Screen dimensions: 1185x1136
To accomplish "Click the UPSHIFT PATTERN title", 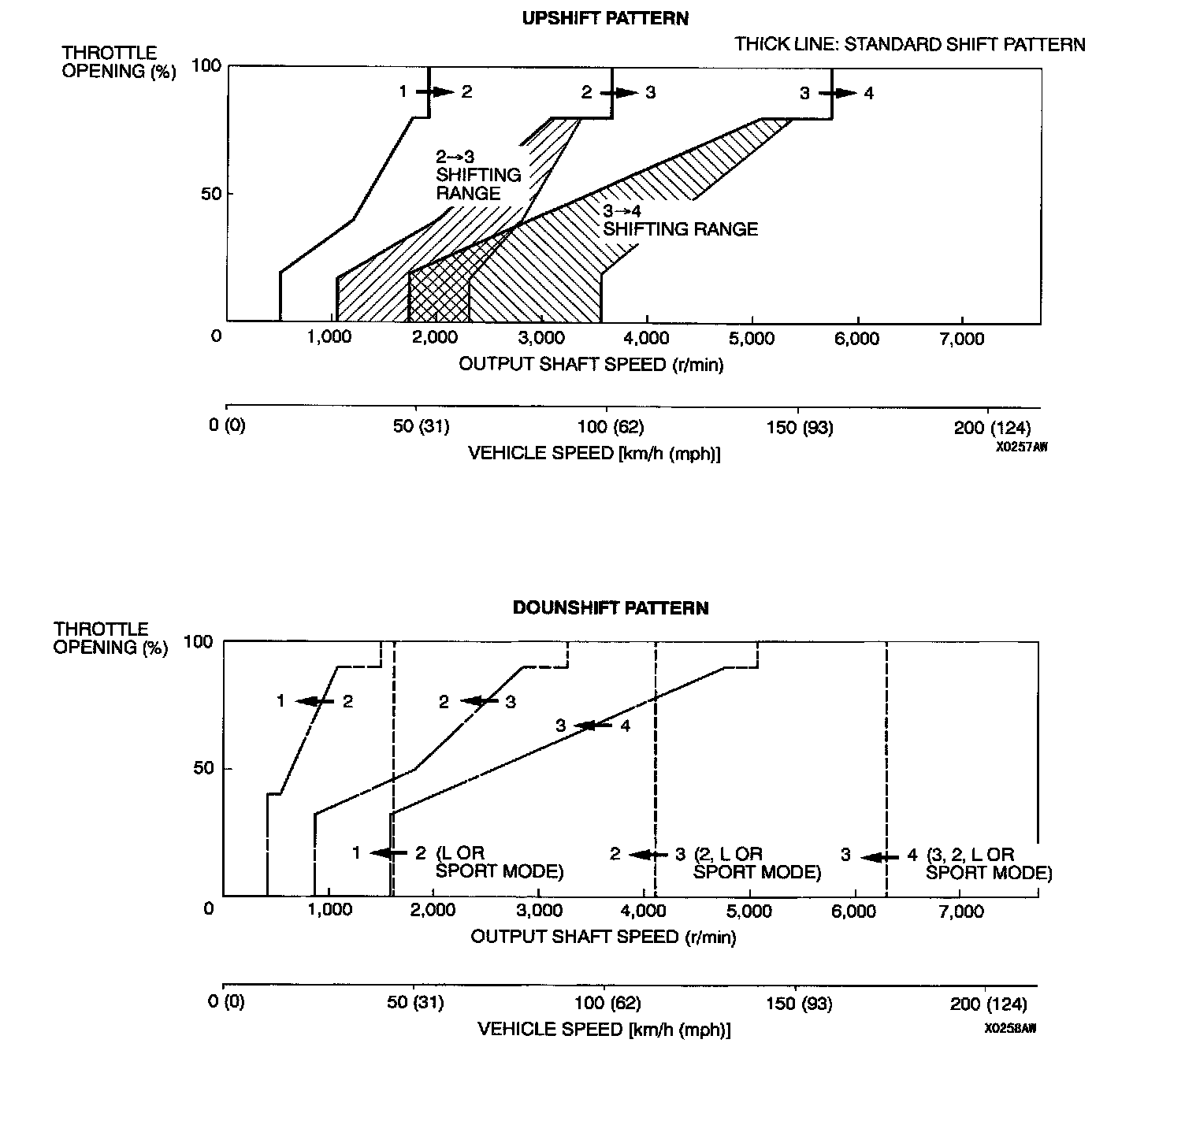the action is coord(605,18).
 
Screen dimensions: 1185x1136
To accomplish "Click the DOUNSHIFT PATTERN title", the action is coord(611,607).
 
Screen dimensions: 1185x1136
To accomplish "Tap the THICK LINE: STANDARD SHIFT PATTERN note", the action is coord(910,44).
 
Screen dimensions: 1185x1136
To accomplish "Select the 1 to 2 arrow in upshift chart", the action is coord(436,92).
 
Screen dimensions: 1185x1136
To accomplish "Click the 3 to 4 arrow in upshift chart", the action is coord(838,93).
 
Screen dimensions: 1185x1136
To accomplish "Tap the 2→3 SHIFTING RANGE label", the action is coord(478,175).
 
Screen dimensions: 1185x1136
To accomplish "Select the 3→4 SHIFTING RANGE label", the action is coord(680,221).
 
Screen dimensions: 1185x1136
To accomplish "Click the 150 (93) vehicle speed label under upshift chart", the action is coord(799,427).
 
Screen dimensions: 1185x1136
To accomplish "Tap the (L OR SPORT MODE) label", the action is coord(500,863).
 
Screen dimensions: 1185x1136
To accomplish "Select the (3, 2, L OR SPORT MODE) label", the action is coord(989,863).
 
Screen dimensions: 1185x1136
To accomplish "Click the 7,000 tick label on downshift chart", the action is coord(961,911).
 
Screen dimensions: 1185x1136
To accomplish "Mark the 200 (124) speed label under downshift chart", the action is coord(989,1004).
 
